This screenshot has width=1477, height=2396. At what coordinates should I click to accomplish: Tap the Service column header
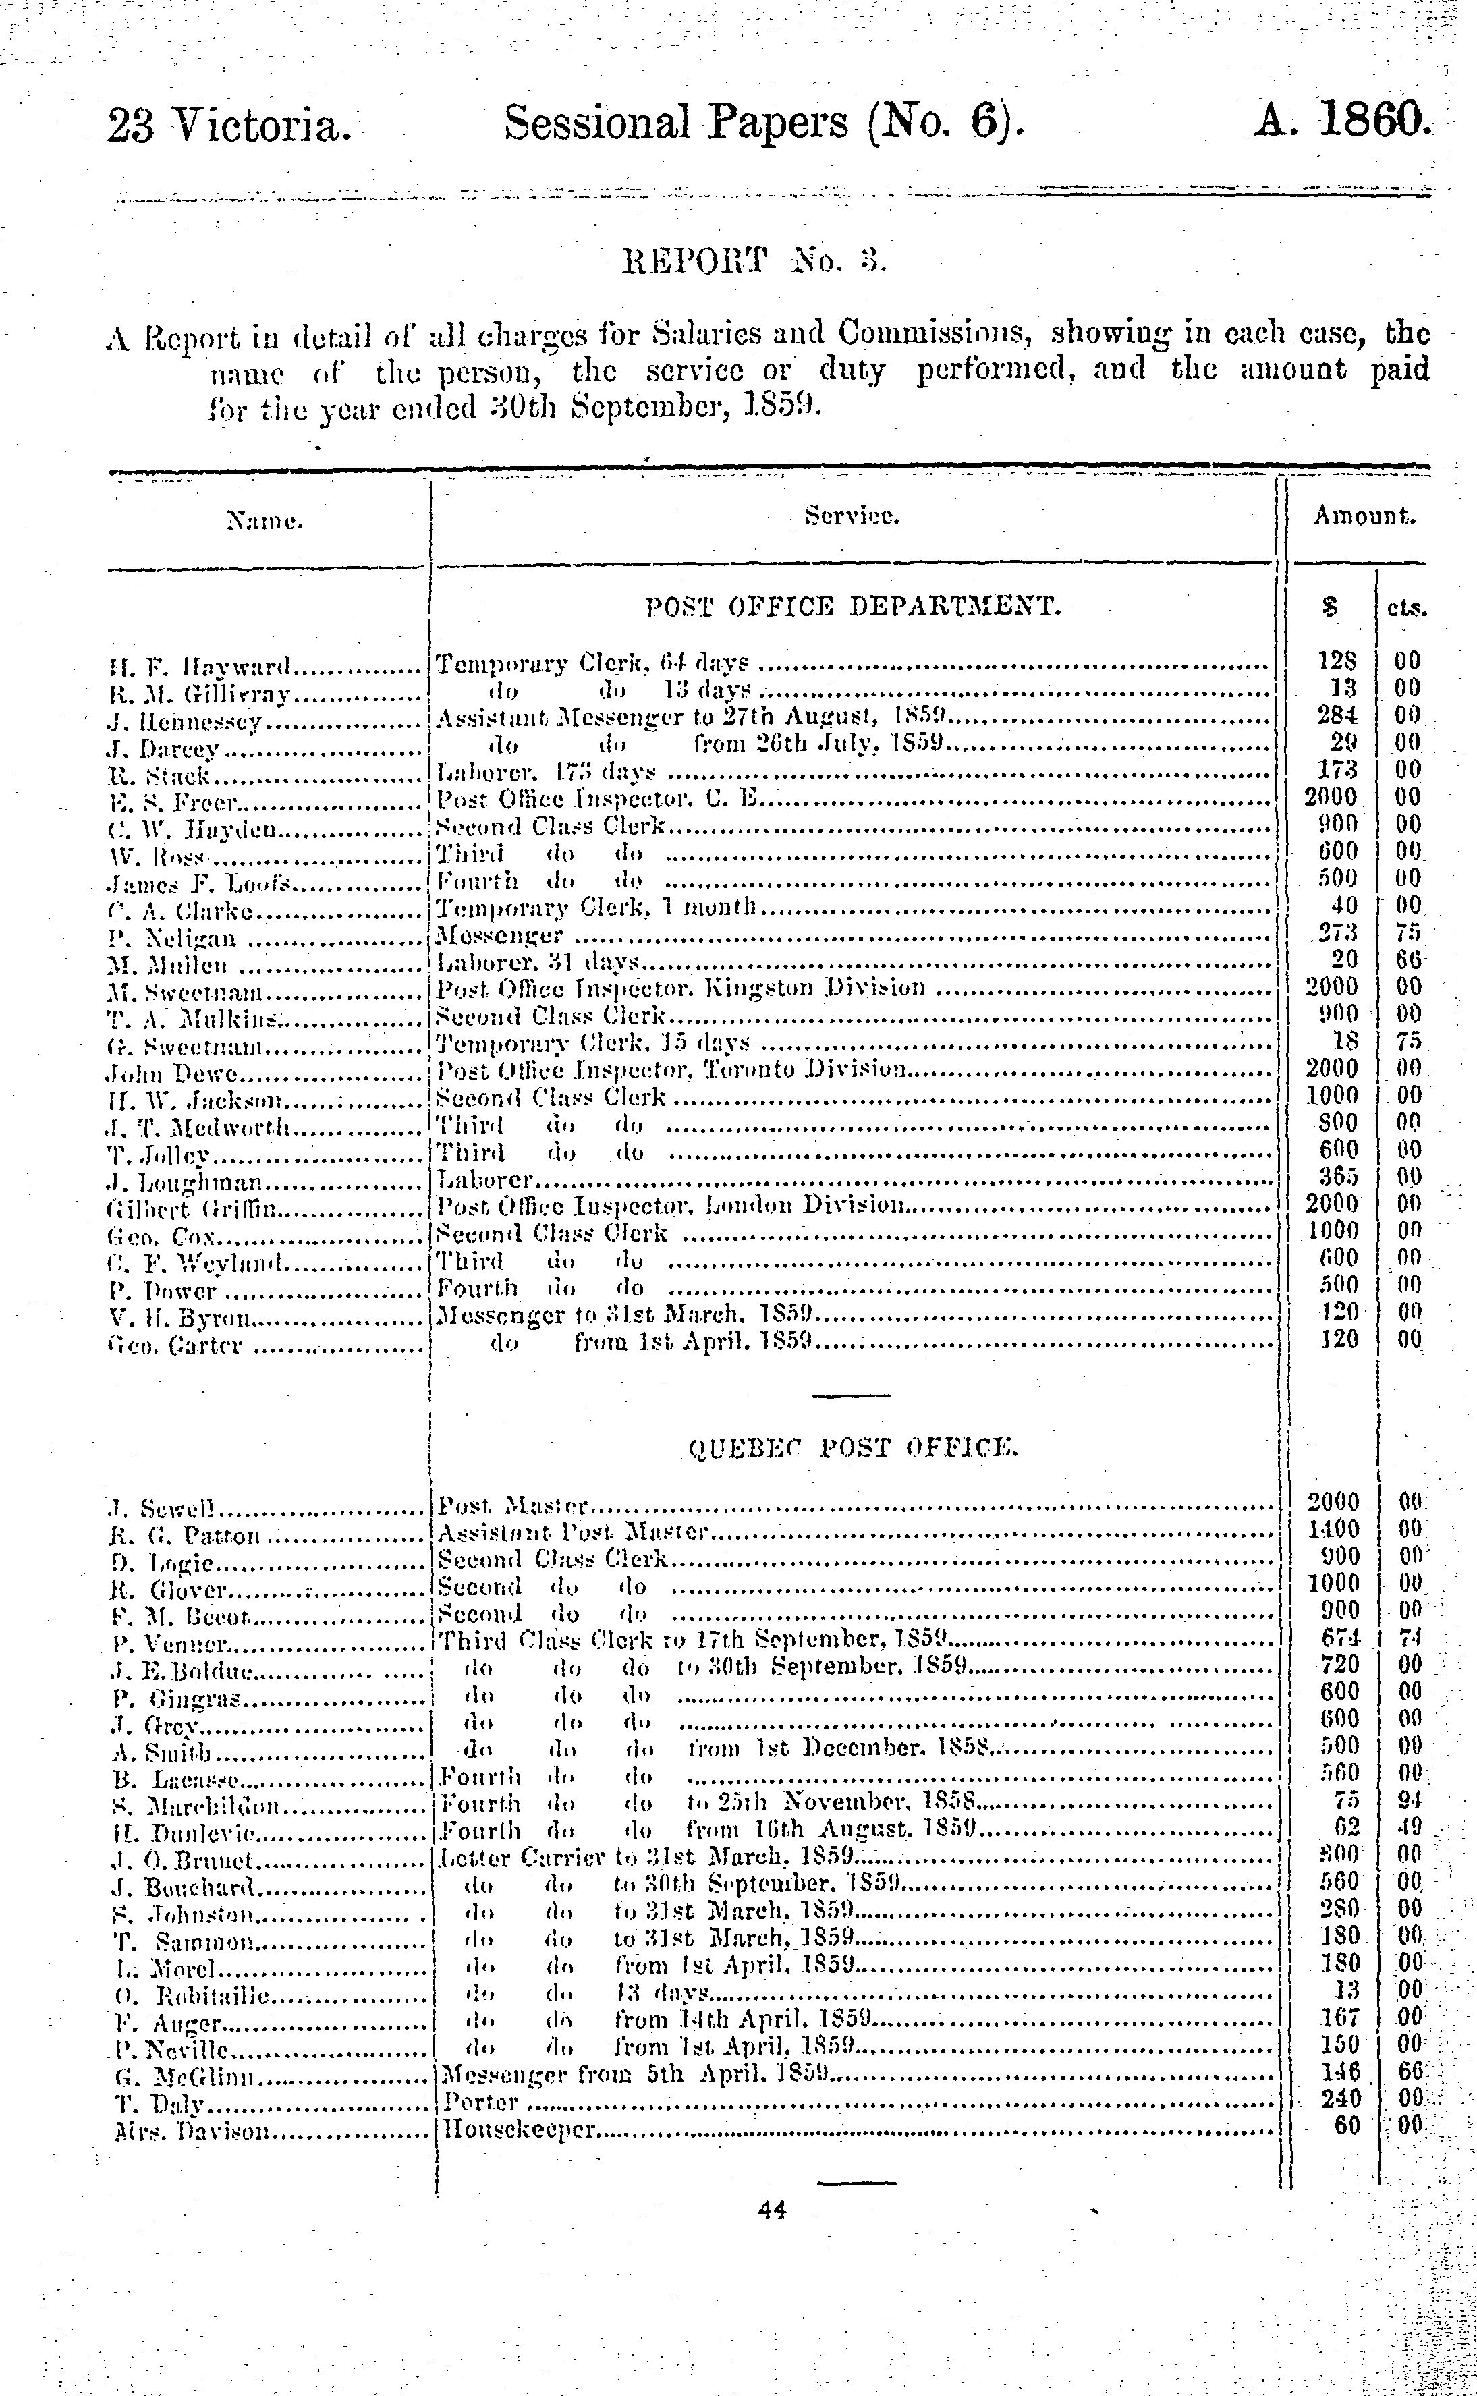point(852,517)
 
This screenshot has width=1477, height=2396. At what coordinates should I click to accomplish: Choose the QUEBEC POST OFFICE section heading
point(853,1447)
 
